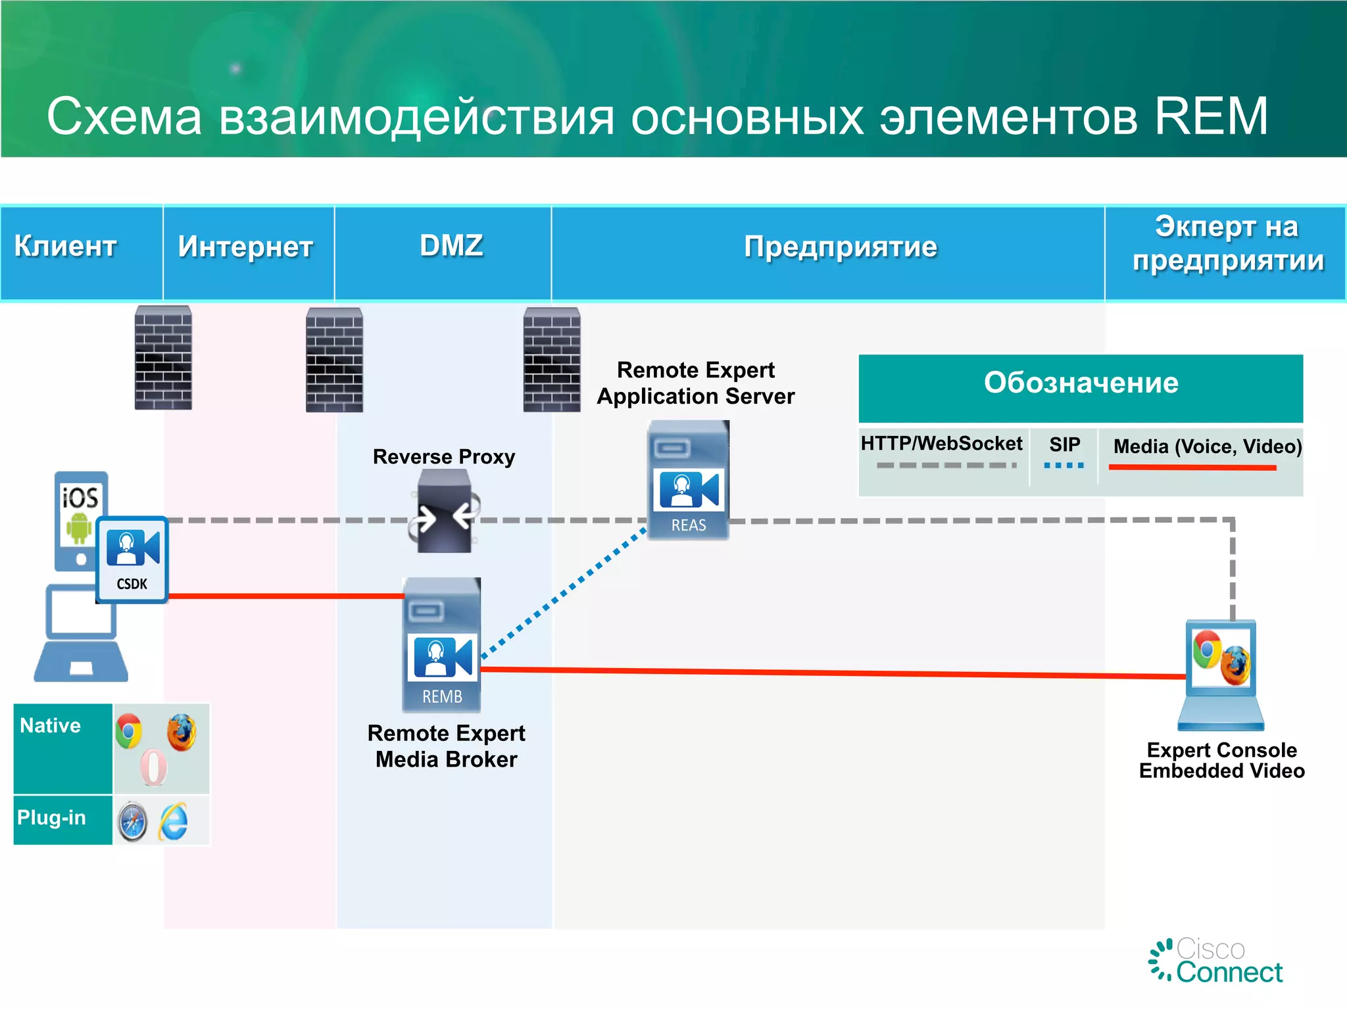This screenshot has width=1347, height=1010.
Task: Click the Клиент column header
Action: point(66,247)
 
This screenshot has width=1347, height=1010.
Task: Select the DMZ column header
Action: point(451,246)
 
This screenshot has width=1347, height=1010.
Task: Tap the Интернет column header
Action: point(245,247)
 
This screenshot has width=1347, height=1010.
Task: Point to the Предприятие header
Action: point(840,247)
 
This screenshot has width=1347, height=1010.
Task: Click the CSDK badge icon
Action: point(133,560)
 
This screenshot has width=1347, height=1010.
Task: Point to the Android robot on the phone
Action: point(78,528)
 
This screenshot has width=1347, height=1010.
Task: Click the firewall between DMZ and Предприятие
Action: point(551,360)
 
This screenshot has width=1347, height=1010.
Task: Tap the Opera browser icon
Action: point(154,767)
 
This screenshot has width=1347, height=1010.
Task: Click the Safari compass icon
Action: point(132,822)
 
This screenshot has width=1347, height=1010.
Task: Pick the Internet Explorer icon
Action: point(174,822)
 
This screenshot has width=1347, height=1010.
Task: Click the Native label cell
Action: point(62,748)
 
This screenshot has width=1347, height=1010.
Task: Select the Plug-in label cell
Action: point(62,819)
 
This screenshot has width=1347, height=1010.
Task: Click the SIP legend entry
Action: point(1064,452)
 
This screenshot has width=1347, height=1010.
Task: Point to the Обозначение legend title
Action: point(1081,383)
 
